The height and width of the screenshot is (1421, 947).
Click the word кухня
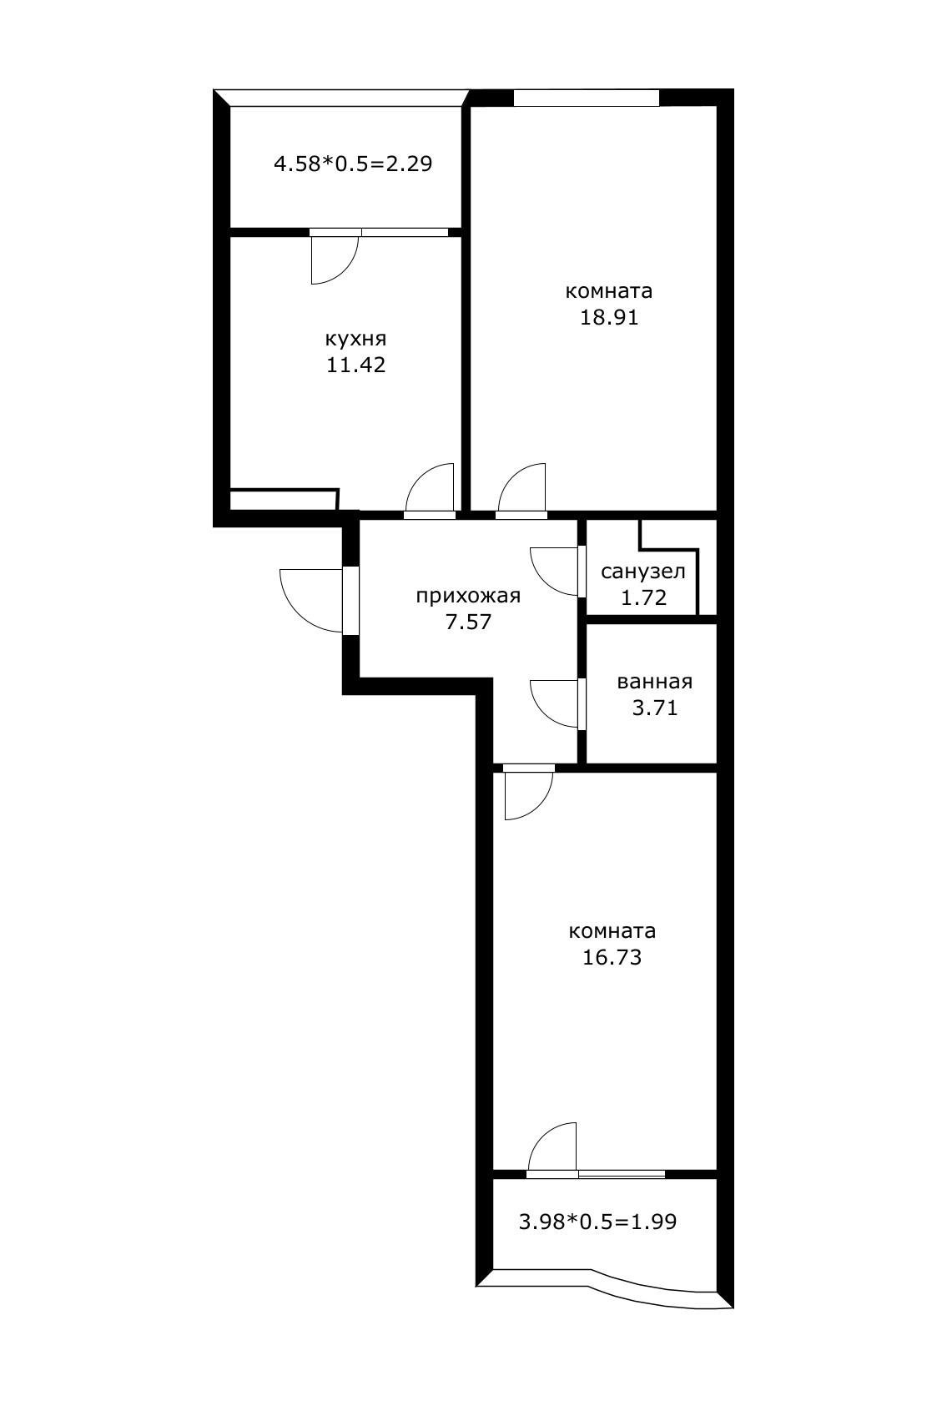point(355,339)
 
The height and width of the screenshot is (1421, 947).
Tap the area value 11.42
point(355,365)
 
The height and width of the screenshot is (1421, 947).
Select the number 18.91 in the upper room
point(609,317)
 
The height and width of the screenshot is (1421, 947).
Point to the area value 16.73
point(612,957)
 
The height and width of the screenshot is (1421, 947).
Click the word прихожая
point(468,596)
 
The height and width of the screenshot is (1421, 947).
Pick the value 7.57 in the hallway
point(468,622)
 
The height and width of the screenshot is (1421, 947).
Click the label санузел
point(643,572)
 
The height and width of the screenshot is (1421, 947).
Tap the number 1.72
point(644,597)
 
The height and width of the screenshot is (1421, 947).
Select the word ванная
point(655,682)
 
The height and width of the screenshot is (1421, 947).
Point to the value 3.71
point(655,708)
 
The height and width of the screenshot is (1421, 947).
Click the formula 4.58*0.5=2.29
point(353,163)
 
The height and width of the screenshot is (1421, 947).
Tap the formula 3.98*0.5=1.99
point(597,1222)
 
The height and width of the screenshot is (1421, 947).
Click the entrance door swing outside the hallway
point(309,599)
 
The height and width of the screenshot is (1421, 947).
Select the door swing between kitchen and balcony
point(334,259)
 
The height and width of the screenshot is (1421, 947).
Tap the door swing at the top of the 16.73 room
point(529,794)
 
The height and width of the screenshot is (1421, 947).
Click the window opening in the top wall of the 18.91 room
point(586,98)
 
